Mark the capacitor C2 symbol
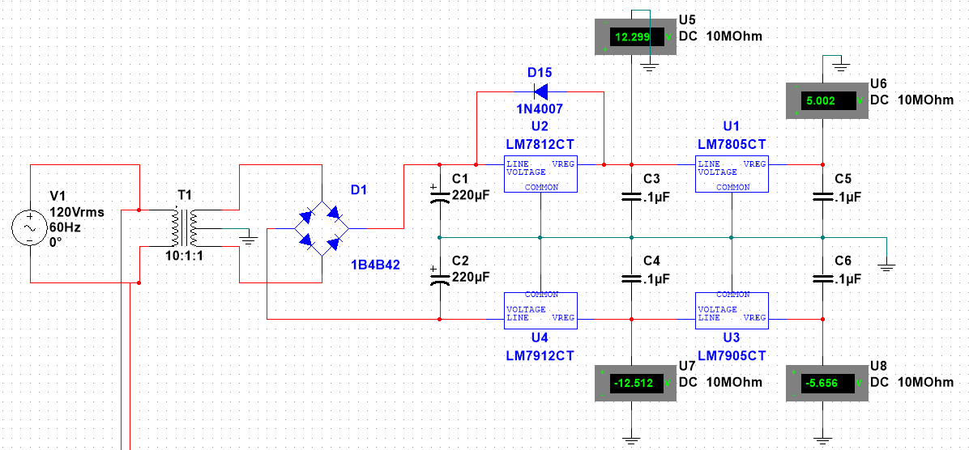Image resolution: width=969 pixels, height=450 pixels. (x=439, y=278)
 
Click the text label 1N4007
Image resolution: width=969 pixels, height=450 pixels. (x=540, y=108)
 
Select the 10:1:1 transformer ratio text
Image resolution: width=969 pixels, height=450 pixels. (x=185, y=254)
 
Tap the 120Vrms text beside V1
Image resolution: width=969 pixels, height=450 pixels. (x=76, y=212)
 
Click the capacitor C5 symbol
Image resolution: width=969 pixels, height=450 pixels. (x=822, y=197)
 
